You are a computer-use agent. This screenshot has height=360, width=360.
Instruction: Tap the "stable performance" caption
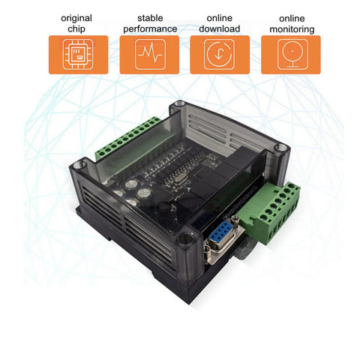pos(149,22)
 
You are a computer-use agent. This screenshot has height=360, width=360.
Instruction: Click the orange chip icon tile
pos(78,55)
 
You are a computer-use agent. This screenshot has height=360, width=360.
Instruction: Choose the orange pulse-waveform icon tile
pos(149,55)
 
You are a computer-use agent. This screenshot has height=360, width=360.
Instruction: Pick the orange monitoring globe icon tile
pos(290,55)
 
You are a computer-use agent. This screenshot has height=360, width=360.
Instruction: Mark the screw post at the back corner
pos(178,106)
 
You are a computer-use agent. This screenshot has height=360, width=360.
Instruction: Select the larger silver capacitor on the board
pos(131,183)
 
